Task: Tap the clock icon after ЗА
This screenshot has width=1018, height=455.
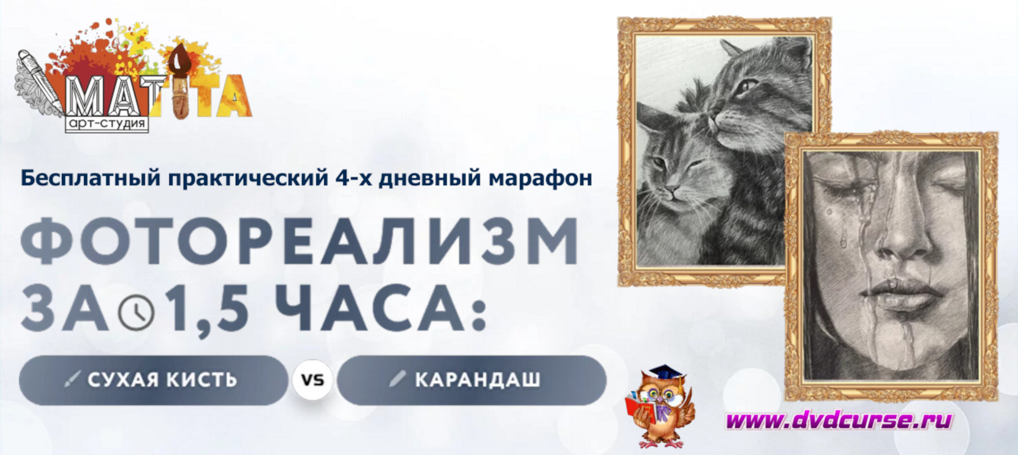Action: coord(136,312)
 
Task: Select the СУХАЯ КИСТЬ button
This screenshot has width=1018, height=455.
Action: coord(154,380)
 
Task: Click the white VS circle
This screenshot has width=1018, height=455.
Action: coord(313,379)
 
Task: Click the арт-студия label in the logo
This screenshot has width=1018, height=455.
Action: coord(107,124)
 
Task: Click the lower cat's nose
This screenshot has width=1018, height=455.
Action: coord(672,191)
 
